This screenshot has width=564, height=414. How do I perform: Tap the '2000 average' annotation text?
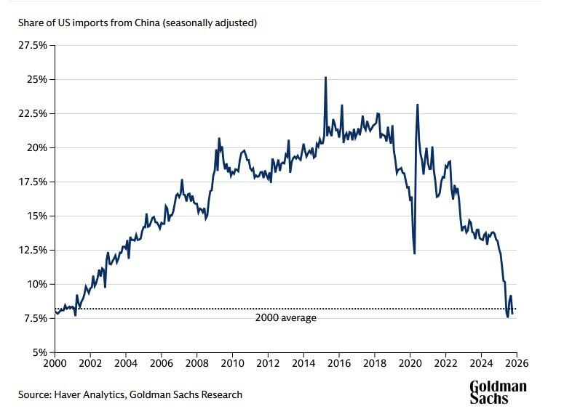[286, 317]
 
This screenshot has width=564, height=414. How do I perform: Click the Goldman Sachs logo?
[498, 392]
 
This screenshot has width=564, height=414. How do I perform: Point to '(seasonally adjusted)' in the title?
[210, 23]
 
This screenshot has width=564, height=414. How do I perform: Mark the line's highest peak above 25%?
[325, 77]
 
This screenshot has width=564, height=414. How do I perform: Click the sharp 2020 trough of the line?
[414, 253]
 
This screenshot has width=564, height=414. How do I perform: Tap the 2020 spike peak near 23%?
[418, 105]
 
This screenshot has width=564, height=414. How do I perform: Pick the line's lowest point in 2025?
[507, 317]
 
